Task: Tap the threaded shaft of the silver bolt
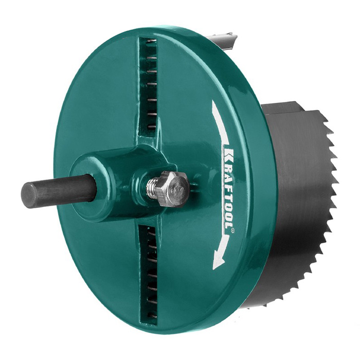click(152, 189)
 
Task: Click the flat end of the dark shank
click(29, 195)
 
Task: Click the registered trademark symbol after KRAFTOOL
click(233, 230)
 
